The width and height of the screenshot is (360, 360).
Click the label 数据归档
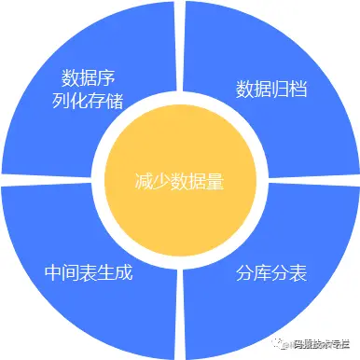coord(273,90)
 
